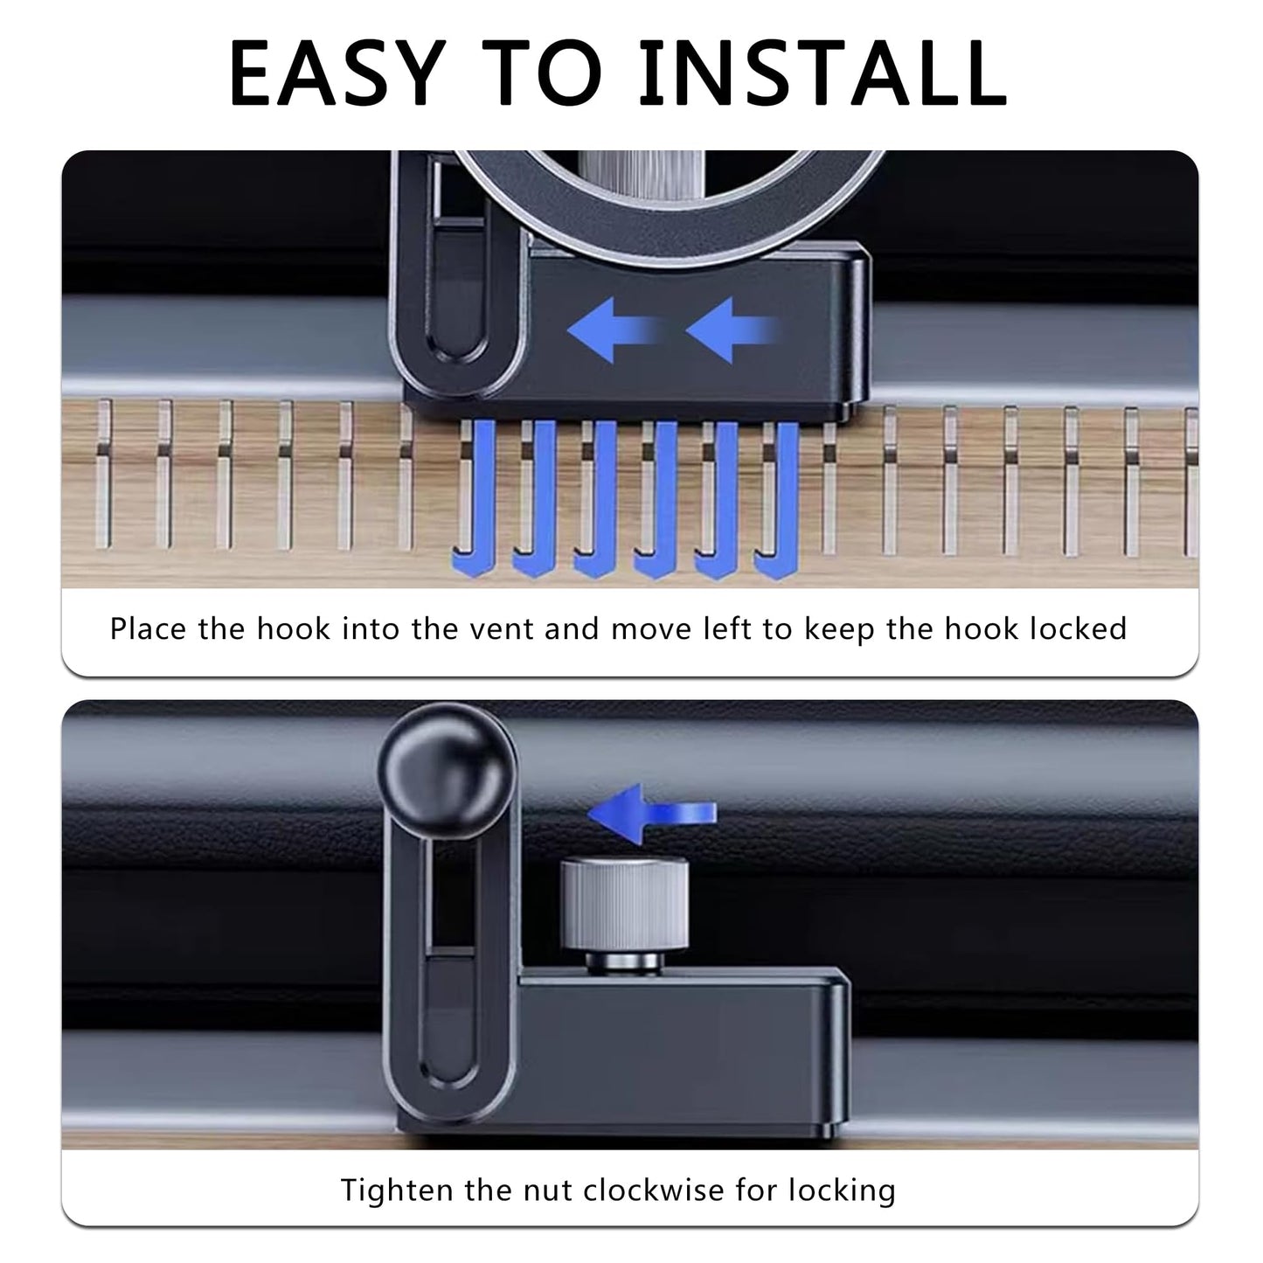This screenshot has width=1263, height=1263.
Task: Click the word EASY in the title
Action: click(x=337, y=73)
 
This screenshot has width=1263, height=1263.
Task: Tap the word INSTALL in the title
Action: click(x=822, y=73)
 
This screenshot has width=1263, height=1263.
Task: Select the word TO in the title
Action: click(x=541, y=73)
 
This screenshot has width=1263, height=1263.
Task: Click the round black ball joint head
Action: click(x=448, y=771)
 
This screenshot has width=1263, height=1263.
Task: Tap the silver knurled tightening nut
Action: click(x=624, y=904)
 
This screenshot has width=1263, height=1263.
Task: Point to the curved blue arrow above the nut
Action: click(x=652, y=814)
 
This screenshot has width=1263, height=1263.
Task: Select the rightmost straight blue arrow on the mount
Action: click(x=732, y=330)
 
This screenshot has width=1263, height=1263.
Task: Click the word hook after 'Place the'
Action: click(x=294, y=628)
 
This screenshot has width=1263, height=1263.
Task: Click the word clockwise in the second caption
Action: click(x=654, y=1189)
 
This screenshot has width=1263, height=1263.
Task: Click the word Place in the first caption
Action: click(x=148, y=628)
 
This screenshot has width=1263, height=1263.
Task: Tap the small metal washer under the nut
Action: click(x=624, y=963)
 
